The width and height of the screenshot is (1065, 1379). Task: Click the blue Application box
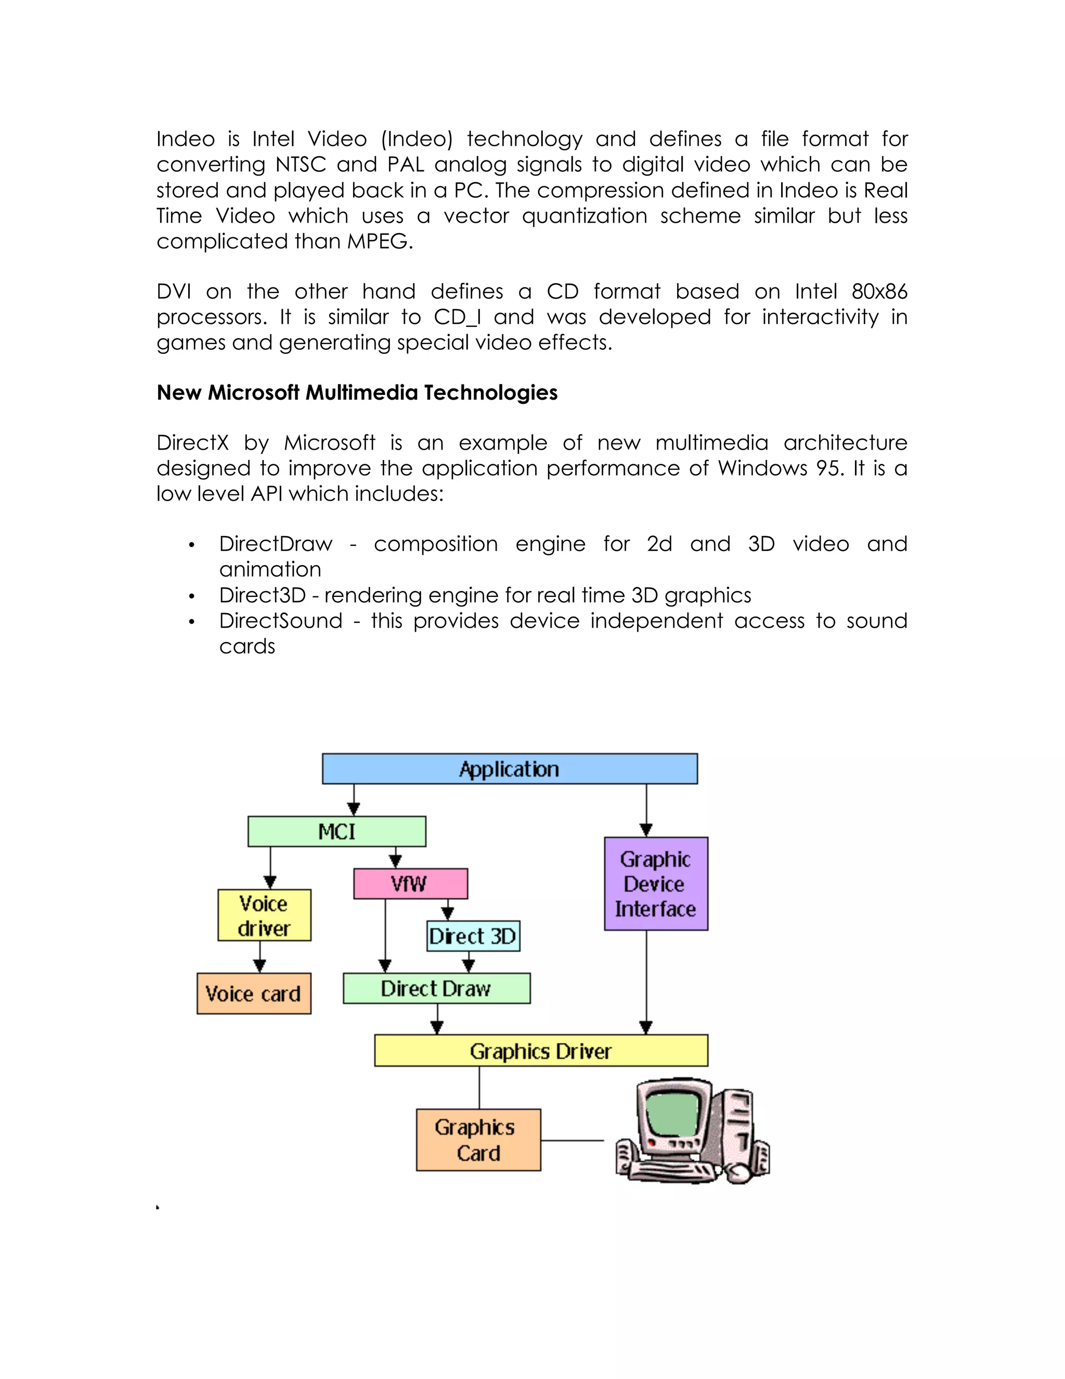point(510,769)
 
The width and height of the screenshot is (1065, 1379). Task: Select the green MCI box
point(336,831)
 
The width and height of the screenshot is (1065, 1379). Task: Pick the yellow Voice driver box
point(264,915)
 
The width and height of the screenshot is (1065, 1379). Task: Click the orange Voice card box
point(254,993)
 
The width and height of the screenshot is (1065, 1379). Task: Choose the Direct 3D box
point(473,936)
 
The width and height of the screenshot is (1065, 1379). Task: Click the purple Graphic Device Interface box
point(656,884)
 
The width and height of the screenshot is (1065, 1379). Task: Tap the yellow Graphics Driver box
point(541,1051)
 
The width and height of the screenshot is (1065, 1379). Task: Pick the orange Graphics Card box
point(478,1140)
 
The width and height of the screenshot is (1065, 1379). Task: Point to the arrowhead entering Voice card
point(259,965)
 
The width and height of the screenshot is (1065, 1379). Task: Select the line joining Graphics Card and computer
point(572,1140)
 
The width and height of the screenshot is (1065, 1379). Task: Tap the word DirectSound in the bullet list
point(281,621)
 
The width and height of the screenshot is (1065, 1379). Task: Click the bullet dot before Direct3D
point(192,596)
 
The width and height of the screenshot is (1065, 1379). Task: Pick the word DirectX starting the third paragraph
point(192,443)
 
